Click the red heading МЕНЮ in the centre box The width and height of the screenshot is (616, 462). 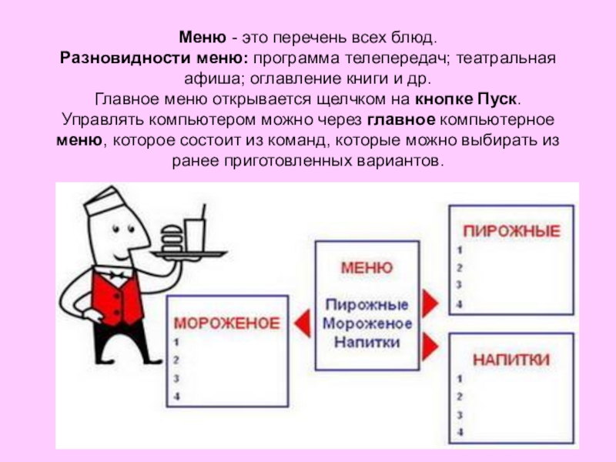(367, 268)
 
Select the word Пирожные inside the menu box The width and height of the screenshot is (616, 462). (367, 305)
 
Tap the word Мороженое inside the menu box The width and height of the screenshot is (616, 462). (367, 323)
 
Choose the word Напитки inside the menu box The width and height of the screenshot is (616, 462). (367, 342)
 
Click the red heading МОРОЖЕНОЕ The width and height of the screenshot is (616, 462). (227, 323)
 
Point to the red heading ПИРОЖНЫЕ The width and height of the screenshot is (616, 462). (511, 231)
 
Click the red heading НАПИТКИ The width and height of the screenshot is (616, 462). (511, 360)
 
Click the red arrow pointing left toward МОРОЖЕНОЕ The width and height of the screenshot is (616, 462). (302, 323)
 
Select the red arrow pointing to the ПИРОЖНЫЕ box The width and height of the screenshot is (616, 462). (430, 303)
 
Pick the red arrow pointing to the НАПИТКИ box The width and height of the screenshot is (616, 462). (430, 346)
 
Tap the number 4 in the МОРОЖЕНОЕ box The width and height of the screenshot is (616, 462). (176, 397)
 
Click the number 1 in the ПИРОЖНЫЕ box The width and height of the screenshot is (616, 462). (460, 249)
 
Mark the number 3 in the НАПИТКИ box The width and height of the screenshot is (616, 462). (460, 415)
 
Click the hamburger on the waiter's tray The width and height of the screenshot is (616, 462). (172, 239)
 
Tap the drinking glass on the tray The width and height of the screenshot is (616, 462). (195, 235)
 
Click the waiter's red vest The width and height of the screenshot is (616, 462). (115, 297)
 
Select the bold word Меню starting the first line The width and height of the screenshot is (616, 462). (203, 38)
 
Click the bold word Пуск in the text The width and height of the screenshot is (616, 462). (497, 99)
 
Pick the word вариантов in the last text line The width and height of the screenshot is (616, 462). (400, 161)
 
